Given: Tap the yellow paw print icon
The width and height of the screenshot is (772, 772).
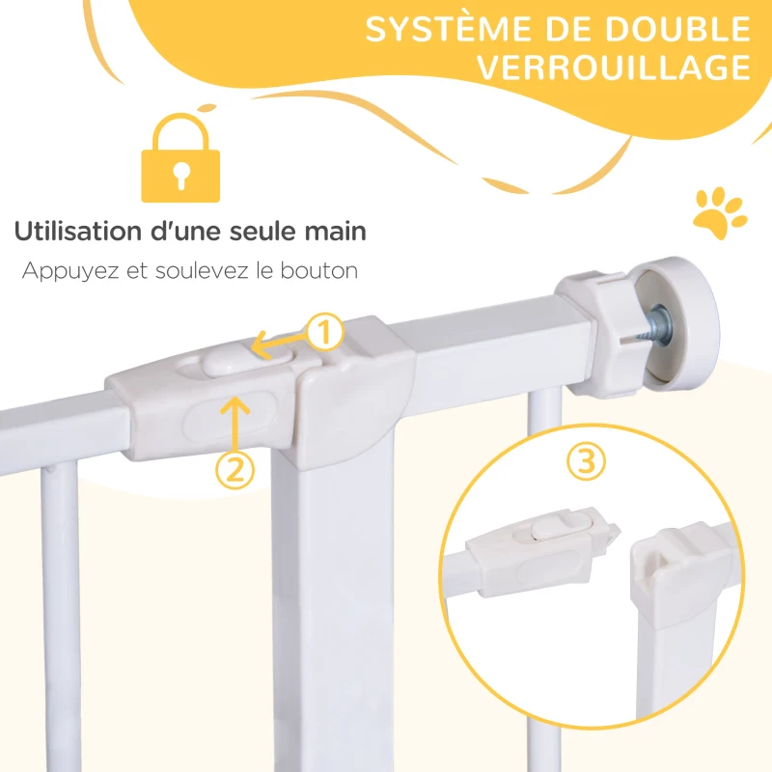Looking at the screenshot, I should pos(719,209).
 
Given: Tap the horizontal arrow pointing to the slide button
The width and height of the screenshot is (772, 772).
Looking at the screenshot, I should pos(279,339).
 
